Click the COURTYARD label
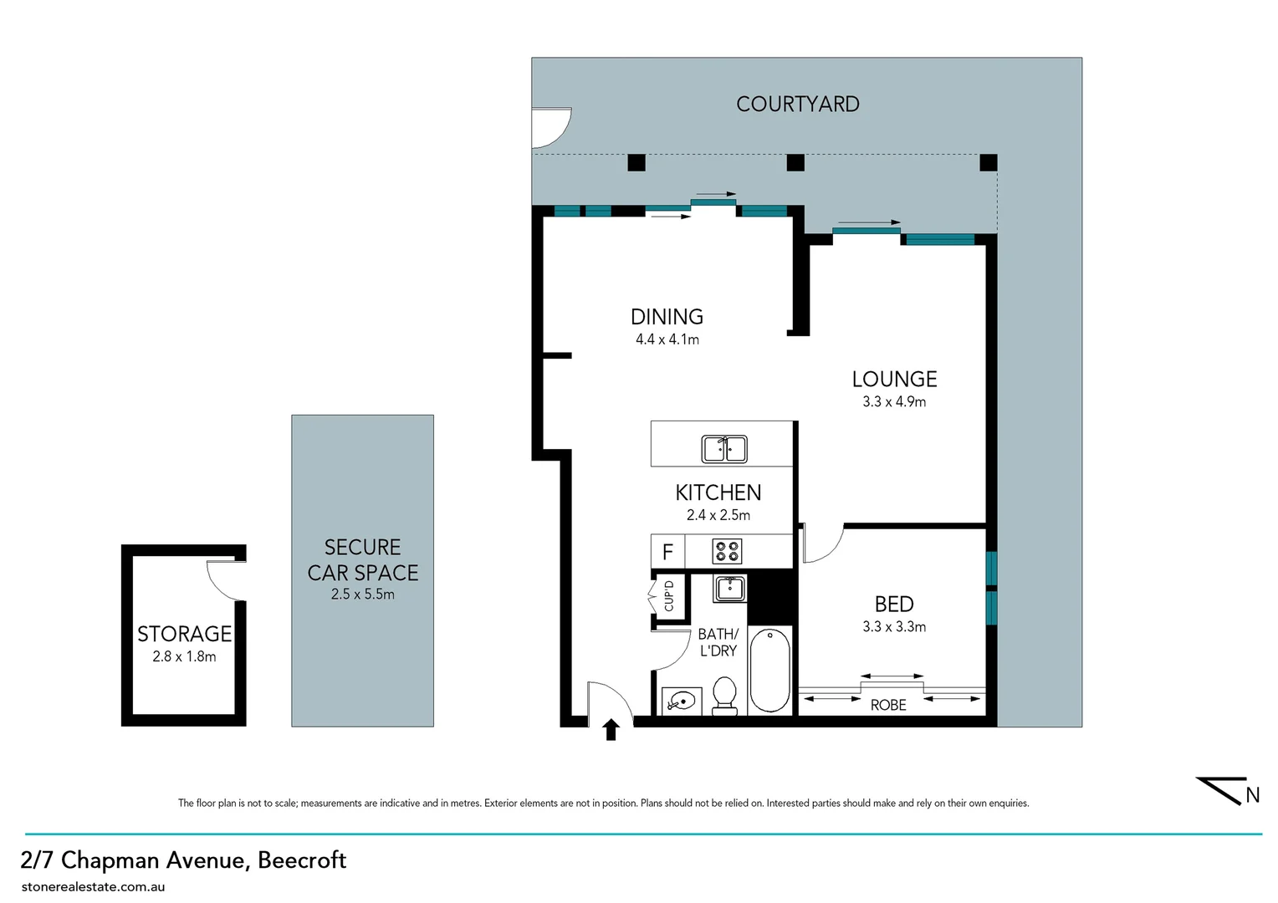[797, 104]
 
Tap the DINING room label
[667, 317]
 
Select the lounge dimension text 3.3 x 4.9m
[894, 402]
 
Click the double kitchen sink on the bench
[724, 449]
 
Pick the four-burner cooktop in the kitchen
[726, 552]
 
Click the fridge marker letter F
[667, 552]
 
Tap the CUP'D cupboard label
[668, 595]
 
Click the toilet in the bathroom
[724, 696]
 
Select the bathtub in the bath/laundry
[769, 670]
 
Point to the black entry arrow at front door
[611, 730]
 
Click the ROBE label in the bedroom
[888, 706]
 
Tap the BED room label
[893, 604]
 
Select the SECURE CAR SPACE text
[362, 560]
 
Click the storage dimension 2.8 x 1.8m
[184, 657]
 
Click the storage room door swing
[224, 579]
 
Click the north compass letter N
[1252, 795]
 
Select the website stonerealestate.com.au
[93, 886]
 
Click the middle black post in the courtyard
[795, 163]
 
